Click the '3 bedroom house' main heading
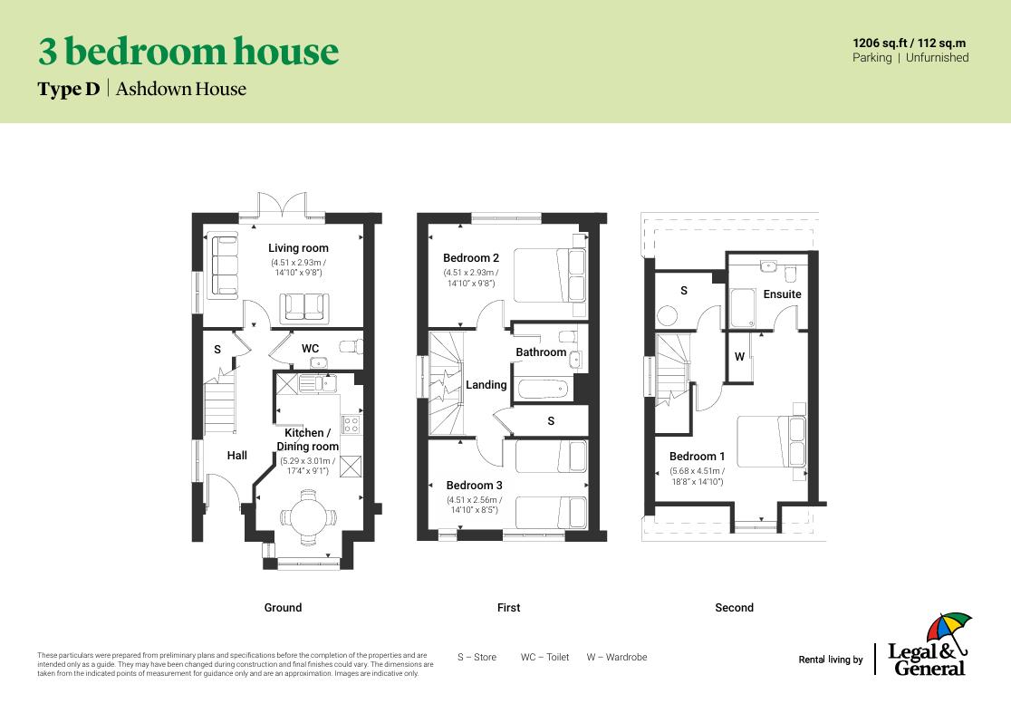(188, 52)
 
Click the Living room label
(298, 248)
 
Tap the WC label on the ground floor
(310, 349)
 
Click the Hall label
(236, 456)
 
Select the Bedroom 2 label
(471, 258)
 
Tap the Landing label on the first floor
(486, 385)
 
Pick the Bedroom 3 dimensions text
(472, 505)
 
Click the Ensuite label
(782, 294)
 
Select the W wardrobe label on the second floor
(739, 357)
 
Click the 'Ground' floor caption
(283, 608)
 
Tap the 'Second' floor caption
(734, 608)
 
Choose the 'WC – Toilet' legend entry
(544, 657)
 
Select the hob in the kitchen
(351, 423)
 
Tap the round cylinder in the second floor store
(669, 316)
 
